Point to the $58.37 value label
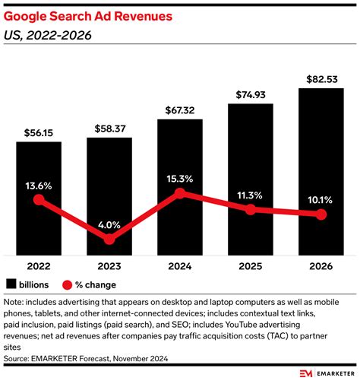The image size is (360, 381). tap(109, 128)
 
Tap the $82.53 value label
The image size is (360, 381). tap(321, 79)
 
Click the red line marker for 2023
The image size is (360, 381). tap(109, 239)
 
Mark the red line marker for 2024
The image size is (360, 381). tap(180, 193)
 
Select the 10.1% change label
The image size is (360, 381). tap(321, 199)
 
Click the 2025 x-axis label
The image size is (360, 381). tap(250, 268)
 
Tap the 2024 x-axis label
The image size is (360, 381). tap(180, 268)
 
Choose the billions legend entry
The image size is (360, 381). tap(31, 285)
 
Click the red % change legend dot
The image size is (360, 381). tap(68, 285)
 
